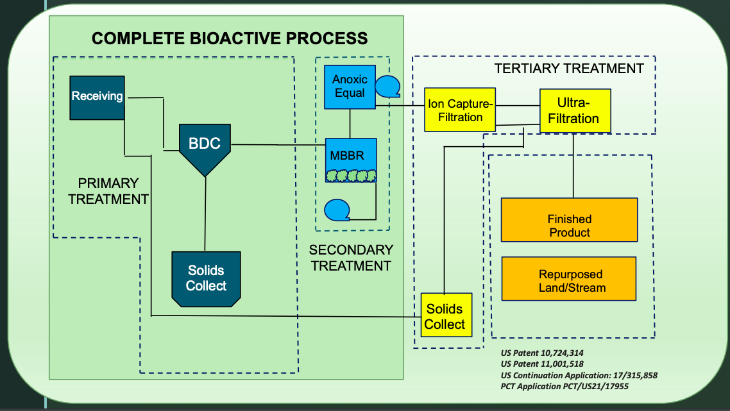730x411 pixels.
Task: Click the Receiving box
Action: (x=97, y=97)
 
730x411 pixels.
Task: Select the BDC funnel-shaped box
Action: (x=205, y=147)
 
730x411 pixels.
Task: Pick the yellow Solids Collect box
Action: (x=446, y=315)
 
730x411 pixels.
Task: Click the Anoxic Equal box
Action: (x=350, y=87)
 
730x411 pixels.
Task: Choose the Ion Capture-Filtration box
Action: (x=460, y=110)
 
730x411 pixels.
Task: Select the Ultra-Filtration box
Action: (x=575, y=111)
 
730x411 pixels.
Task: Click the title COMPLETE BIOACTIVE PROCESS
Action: (x=230, y=38)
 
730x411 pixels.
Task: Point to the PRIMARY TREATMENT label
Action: (x=108, y=191)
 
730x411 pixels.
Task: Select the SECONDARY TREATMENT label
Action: (x=351, y=257)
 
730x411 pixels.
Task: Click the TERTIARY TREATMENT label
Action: (x=568, y=69)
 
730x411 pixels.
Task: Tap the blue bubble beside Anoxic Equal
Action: (x=387, y=87)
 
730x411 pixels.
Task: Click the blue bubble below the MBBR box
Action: (x=337, y=209)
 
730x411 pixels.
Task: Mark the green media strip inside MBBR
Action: (x=350, y=175)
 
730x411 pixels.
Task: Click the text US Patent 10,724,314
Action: (x=542, y=353)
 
